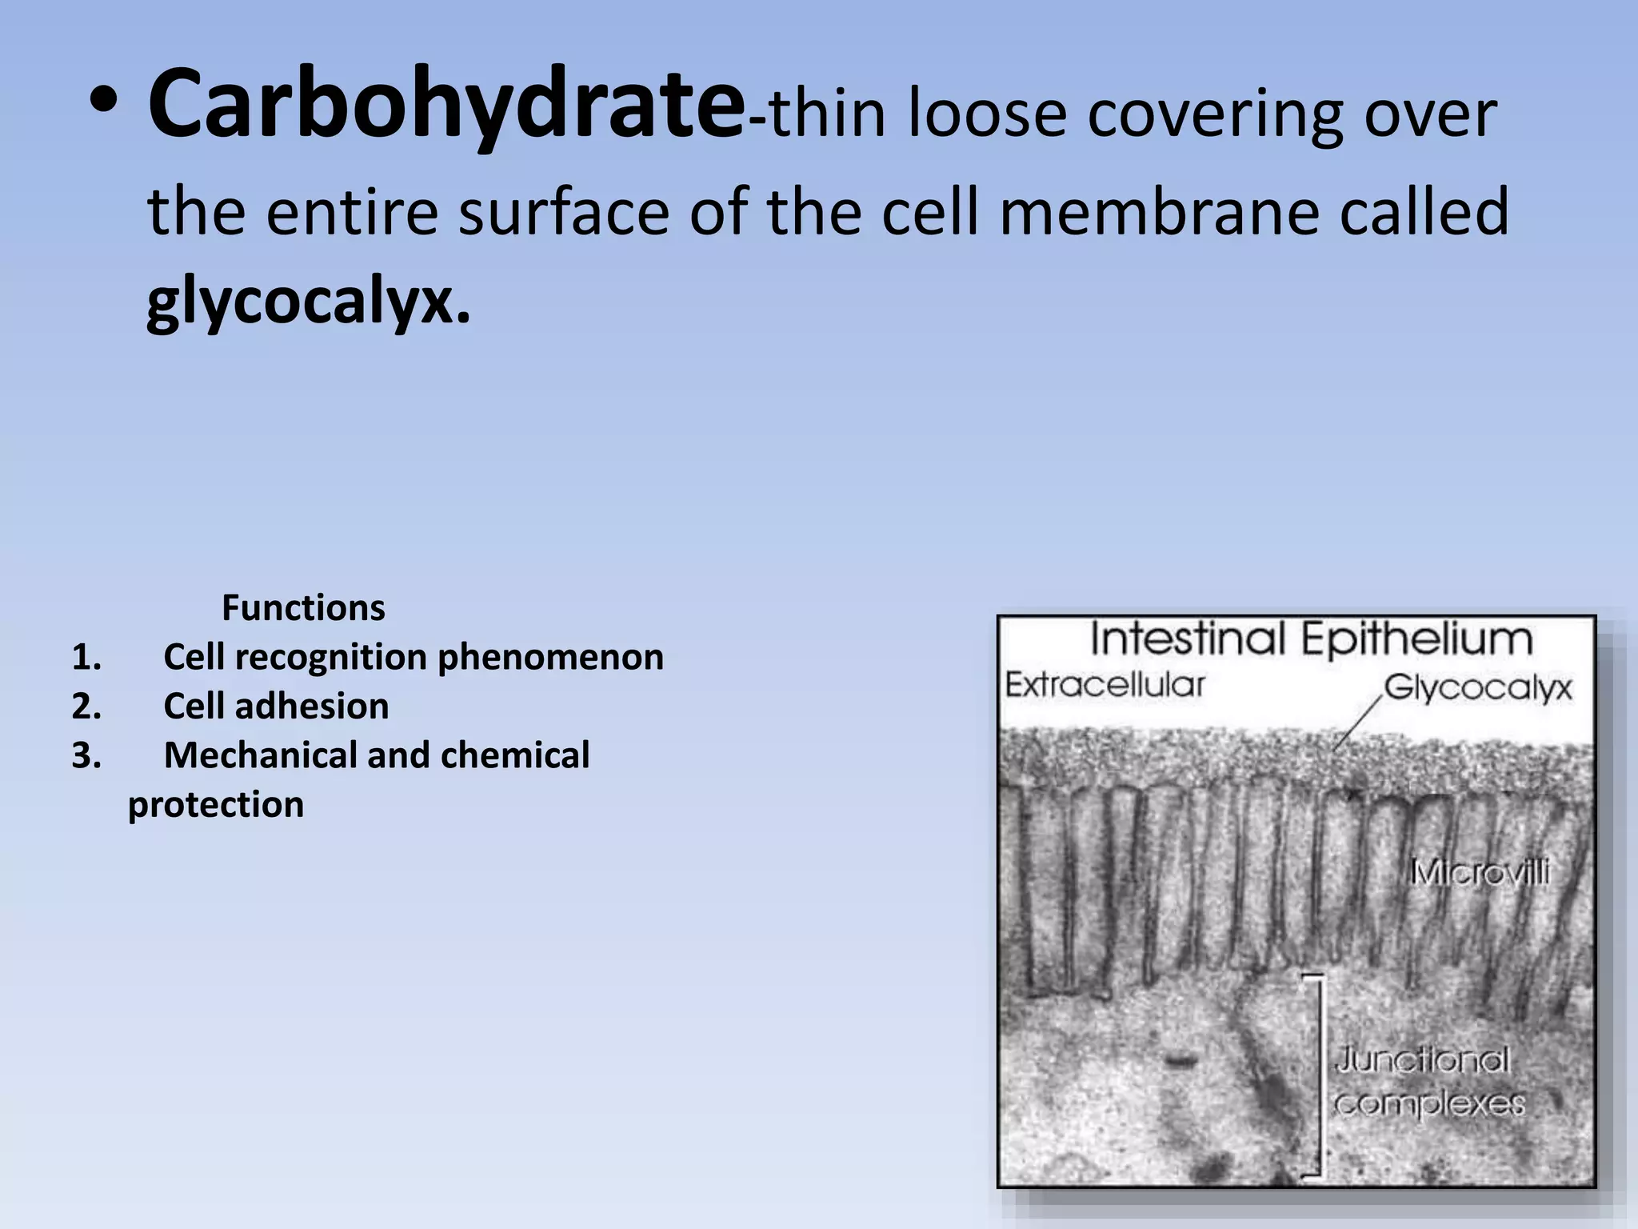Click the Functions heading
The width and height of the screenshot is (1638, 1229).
tap(303, 607)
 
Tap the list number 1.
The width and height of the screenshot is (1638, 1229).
tap(86, 658)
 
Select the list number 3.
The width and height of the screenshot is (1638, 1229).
tap(86, 756)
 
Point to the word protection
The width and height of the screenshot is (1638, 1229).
tap(216, 805)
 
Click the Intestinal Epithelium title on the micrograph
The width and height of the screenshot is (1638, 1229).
tap(1311, 639)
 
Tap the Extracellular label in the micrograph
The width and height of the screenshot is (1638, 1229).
tap(1104, 685)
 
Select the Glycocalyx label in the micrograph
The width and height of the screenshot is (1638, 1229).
tap(1477, 688)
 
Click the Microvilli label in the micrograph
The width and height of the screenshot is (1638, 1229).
tap(1479, 872)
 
